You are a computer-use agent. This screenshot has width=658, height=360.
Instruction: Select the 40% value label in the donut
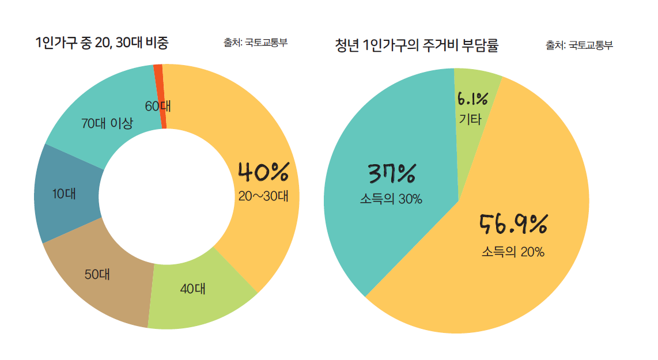[x=263, y=172]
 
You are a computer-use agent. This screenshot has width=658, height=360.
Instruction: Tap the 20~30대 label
[x=263, y=196]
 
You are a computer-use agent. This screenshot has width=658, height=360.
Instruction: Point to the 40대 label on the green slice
[x=193, y=289]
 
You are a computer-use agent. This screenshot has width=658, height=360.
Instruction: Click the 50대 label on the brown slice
[x=97, y=274]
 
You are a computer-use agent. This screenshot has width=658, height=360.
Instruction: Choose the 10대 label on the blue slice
[x=64, y=194]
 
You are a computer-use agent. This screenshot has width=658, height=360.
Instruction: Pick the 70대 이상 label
[x=107, y=123]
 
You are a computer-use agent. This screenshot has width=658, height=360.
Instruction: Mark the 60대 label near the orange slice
[x=158, y=107]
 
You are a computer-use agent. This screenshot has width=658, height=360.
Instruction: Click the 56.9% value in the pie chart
[x=513, y=225]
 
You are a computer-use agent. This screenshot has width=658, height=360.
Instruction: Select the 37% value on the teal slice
[x=391, y=173]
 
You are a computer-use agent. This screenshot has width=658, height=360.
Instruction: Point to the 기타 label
[x=471, y=120]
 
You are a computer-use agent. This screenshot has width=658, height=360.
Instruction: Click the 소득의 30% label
[x=391, y=199]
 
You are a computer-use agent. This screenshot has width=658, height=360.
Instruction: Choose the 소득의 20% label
[x=513, y=252]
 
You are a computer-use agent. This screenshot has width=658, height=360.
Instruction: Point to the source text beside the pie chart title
[x=579, y=45]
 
